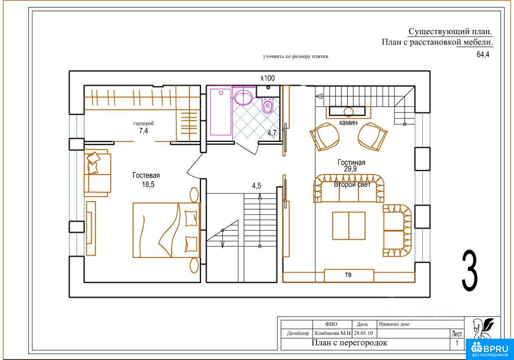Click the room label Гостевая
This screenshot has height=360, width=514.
pos(146,176)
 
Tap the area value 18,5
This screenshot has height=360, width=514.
pos(148,184)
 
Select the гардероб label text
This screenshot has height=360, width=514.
pos(144,123)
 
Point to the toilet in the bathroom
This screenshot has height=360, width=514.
pos(267,106)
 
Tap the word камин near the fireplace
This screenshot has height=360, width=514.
pos(348,123)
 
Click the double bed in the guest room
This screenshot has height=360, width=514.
pos(167,230)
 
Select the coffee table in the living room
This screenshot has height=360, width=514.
pos(349,226)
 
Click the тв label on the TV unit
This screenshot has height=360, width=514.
pos(348,274)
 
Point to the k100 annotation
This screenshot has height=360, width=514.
pos(267,78)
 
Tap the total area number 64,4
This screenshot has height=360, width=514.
pos(483,55)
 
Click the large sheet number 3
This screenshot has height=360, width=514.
pos(469,271)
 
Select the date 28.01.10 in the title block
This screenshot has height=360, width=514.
pos(363,333)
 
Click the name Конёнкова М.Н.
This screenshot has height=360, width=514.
pos(333,333)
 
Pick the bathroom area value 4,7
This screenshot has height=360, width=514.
pos(272,133)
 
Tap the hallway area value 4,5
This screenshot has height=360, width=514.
pos(257,186)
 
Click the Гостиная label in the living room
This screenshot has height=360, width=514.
pos(351,163)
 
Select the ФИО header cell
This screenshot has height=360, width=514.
pos(331,324)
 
